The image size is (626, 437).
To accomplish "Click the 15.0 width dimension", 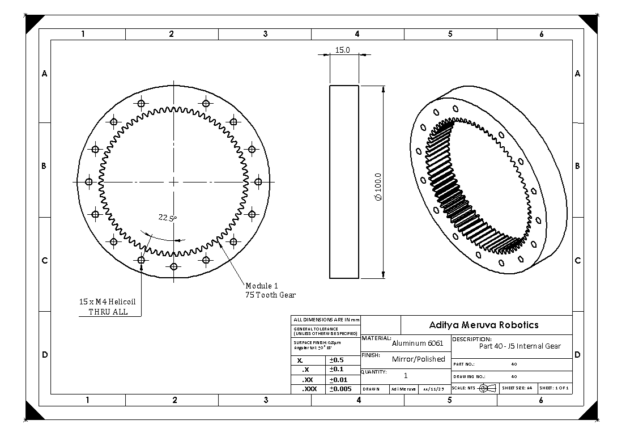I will (343, 50).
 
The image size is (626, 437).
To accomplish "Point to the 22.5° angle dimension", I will (167, 218).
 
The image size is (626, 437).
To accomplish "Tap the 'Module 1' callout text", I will (262, 286).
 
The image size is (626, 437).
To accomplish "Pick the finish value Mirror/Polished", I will (418, 359).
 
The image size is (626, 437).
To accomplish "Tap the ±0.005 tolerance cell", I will (340, 389).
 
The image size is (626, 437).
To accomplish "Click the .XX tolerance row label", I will (308, 379).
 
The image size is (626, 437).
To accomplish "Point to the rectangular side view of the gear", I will (344, 182).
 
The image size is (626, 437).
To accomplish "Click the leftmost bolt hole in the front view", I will (88, 182).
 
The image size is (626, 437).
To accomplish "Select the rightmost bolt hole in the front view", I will (258, 182).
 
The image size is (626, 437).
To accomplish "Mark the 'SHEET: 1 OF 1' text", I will (555, 388).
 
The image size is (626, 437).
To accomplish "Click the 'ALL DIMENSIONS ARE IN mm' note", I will (326, 320).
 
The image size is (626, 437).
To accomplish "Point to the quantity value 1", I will (406, 375).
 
